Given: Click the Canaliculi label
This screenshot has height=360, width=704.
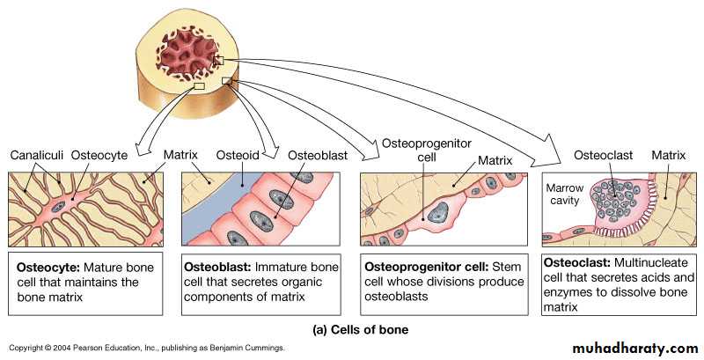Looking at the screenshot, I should [x=35, y=155].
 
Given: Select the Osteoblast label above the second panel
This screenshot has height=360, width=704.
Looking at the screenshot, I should [x=318, y=155].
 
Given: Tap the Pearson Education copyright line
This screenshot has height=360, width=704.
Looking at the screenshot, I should [x=146, y=349].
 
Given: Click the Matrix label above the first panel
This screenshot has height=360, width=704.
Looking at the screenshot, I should [x=183, y=155].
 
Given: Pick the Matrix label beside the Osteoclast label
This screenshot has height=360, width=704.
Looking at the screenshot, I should [x=668, y=155].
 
